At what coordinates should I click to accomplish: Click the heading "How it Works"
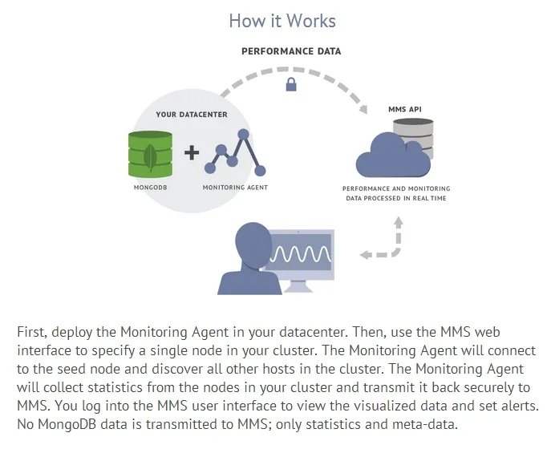point(282,20)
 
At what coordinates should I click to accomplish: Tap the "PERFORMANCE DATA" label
point(291,51)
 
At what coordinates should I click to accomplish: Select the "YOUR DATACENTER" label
point(191,115)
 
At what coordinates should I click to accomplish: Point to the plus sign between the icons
point(192,153)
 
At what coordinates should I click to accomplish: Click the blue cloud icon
point(388,154)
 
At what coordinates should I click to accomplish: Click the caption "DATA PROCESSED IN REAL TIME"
point(396,197)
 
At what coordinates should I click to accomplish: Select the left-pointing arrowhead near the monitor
point(366,255)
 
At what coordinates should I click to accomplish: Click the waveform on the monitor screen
point(300,254)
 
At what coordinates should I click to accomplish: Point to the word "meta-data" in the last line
point(427,423)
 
